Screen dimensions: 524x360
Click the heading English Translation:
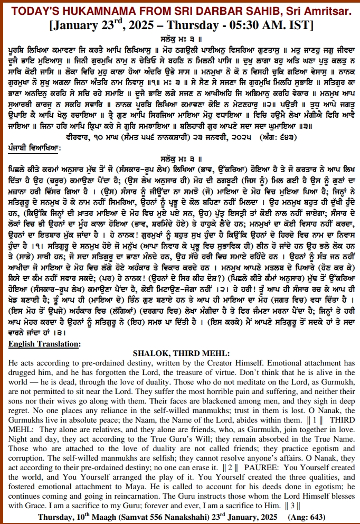point(44,344)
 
